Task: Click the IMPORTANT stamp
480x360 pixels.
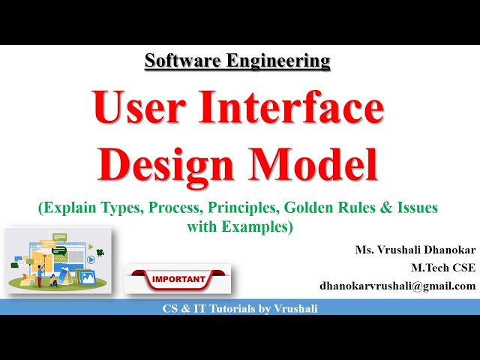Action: pos(178,280)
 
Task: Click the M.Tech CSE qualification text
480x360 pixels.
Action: pos(442,268)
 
